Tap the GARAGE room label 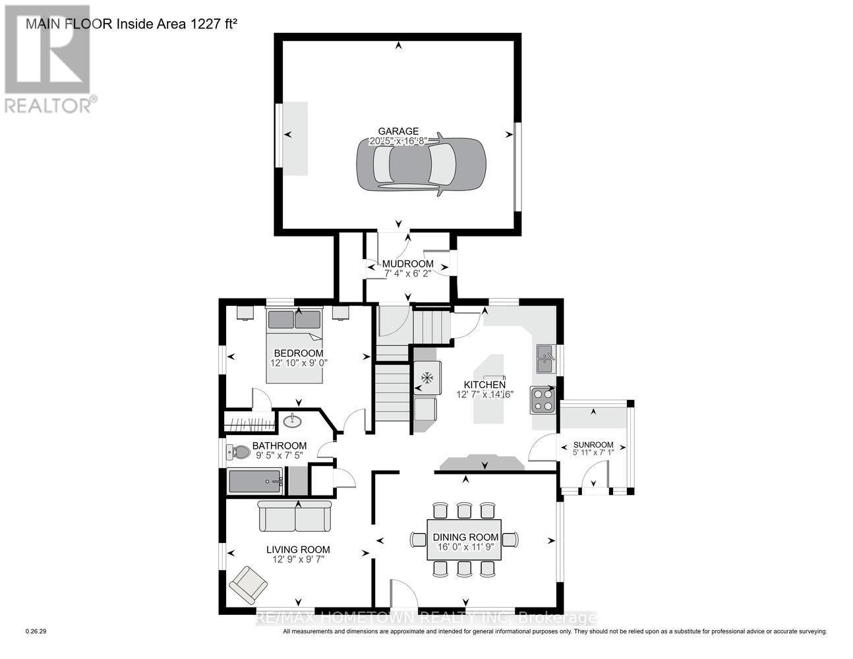(x=397, y=131)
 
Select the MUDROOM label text (x=408, y=264)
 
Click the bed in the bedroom (x=295, y=345)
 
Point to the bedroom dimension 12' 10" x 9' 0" (x=299, y=362)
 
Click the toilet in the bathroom (x=239, y=452)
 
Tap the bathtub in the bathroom (x=255, y=482)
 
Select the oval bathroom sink (x=291, y=420)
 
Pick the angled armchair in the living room (x=248, y=584)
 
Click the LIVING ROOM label (x=298, y=550)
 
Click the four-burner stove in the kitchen (x=543, y=399)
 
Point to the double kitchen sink (x=544, y=358)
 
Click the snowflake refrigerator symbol (x=426, y=378)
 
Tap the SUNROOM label (x=593, y=444)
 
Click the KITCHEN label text (x=485, y=385)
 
